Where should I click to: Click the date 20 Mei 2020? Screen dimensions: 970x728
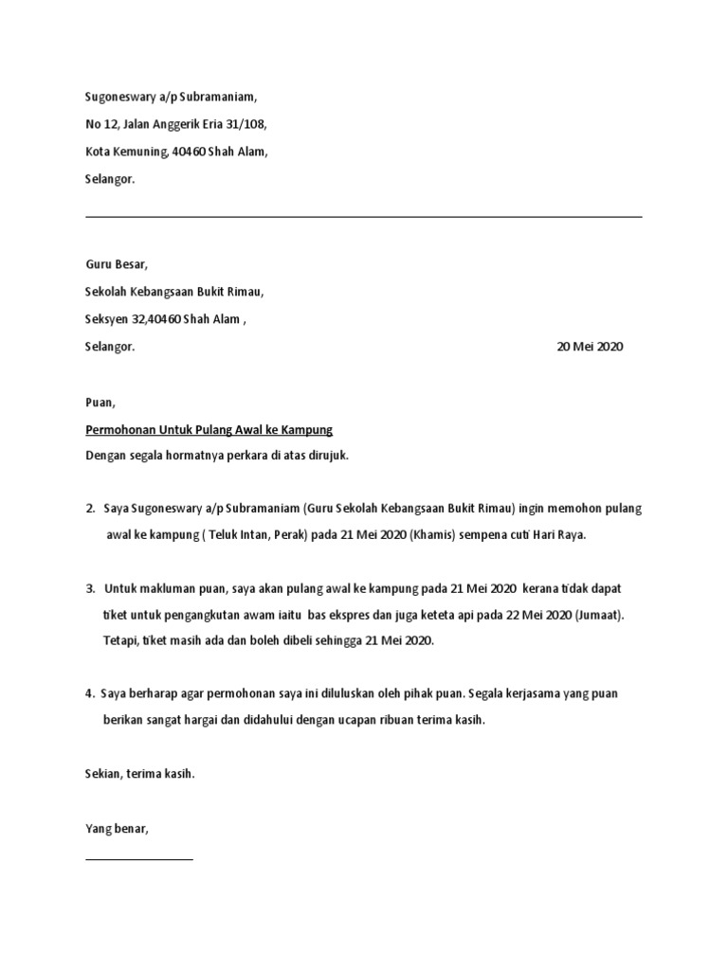click(590, 347)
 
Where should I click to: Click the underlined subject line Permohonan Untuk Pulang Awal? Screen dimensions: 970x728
click(209, 429)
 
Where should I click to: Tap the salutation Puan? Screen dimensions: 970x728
click(100, 403)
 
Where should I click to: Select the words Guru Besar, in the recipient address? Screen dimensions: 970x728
click(117, 264)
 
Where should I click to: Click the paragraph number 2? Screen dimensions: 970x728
click(89, 509)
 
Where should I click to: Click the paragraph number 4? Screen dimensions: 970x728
click(89, 694)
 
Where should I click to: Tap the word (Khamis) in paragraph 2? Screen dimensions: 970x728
click(433, 535)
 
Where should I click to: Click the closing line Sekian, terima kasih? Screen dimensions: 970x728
click(139, 774)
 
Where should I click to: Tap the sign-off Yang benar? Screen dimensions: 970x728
click(117, 829)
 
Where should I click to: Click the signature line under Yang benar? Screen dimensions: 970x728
click(139, 859)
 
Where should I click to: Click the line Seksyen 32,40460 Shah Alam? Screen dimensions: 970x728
click(163, 320)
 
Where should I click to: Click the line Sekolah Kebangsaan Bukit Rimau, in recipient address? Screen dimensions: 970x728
click(174, 293)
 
